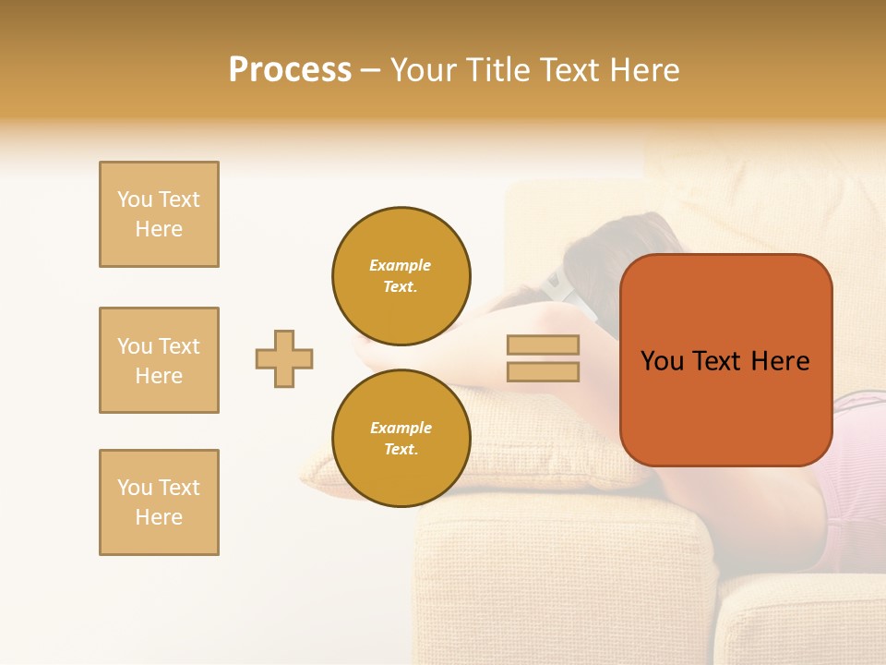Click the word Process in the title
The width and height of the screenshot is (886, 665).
pos(290,70)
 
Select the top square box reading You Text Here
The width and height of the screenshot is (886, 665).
pos(159,214)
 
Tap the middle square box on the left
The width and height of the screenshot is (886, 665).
pos(159,360)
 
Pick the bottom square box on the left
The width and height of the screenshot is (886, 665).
pos(159,502)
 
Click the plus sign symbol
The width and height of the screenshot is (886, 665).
pos(284,358)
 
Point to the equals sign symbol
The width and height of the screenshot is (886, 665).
pos(543,358)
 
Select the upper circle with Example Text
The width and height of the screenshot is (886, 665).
pos(401,276)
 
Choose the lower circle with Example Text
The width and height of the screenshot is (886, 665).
pos(401,439)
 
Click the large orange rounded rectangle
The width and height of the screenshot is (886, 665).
pos(725,360)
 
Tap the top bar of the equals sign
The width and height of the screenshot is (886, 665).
pos(543,345)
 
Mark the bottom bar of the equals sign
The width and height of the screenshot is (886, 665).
pos(543,371)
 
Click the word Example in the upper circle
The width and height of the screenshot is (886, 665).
pos(401,265)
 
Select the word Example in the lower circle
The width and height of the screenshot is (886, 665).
pos(401,428)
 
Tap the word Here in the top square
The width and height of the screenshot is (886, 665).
pos(159,229)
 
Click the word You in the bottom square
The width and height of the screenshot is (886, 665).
pos(134,488)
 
